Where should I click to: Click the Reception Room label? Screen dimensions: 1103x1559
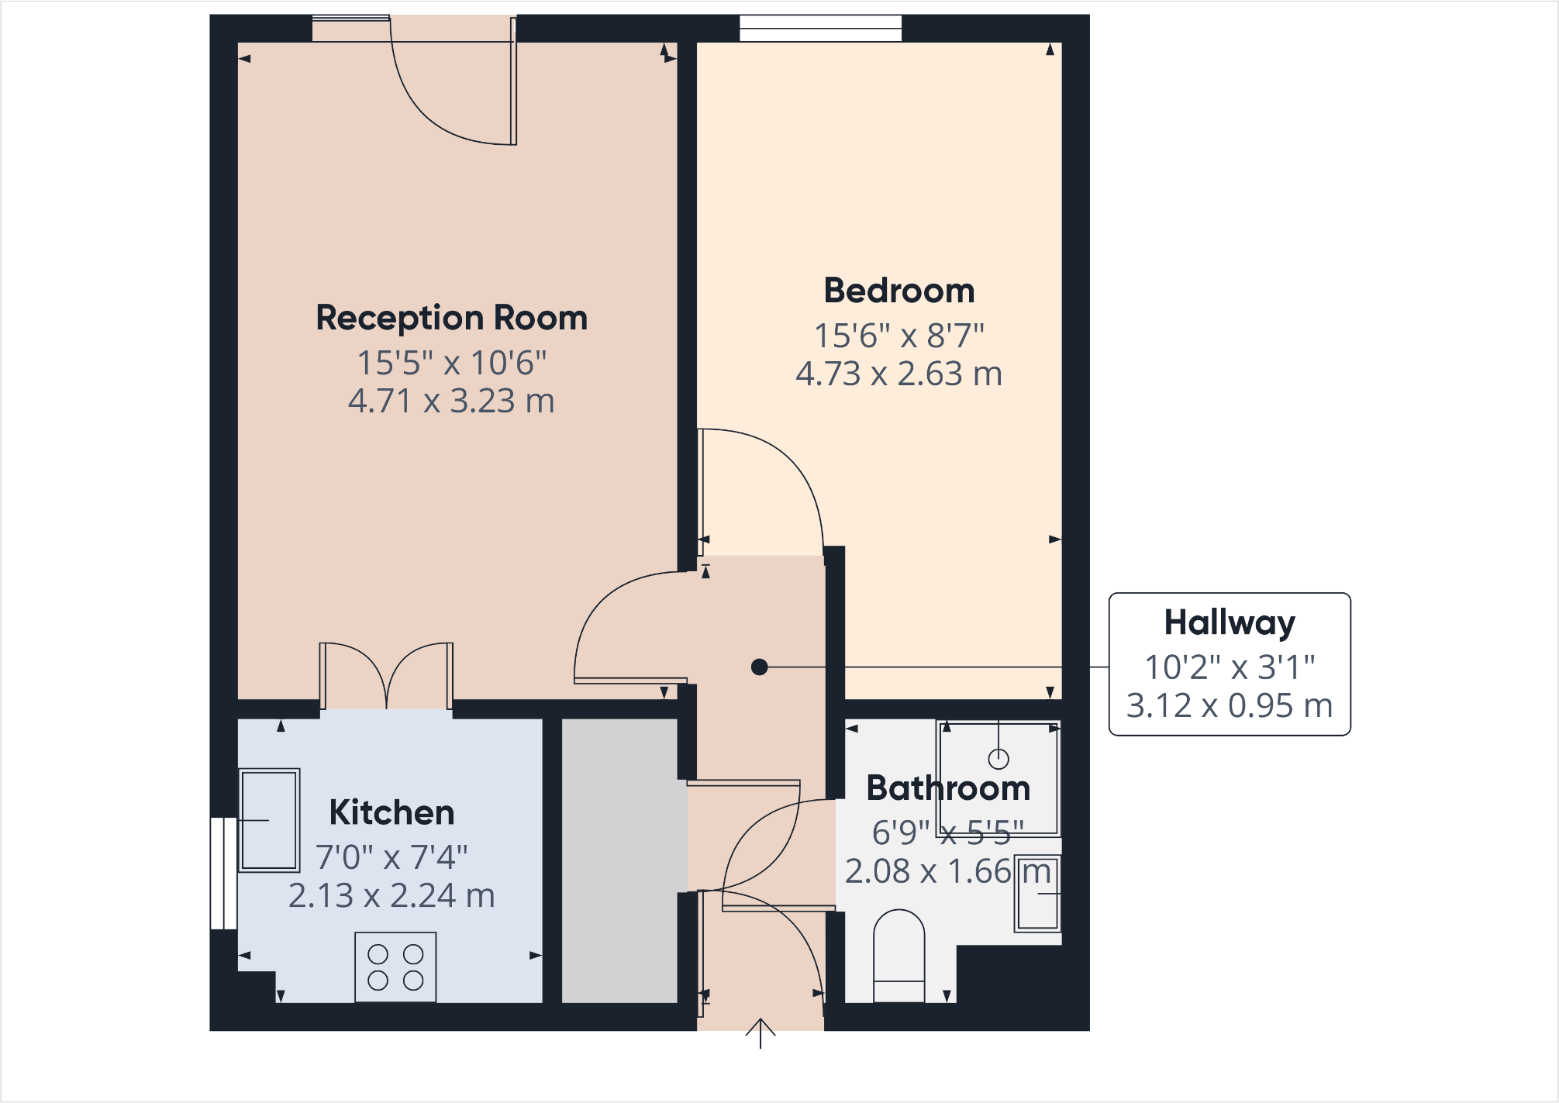(x=451, y=318)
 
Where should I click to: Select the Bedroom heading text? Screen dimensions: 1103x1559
(x=898, y=291)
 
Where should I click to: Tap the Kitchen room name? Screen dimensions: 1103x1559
(x=391, y=812)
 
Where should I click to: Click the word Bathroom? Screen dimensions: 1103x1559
(x=948, y=788)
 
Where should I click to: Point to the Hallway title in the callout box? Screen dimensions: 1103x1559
(x=1230, y=622)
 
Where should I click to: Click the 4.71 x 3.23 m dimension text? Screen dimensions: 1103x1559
(x=451, y=402)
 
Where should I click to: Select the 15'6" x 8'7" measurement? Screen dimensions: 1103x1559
(x=898, y=336)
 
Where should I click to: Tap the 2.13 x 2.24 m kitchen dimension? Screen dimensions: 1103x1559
(x=391, y=896)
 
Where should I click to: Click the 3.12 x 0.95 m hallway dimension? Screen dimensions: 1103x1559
(x=1230, y=706)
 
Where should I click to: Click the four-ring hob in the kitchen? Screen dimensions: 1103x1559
(x=395, y=967)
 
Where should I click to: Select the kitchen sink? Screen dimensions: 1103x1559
(x=268, y=820)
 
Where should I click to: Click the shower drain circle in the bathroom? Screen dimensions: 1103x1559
(x=999, y=758)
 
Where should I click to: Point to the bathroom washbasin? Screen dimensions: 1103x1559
(x=1037, y=893)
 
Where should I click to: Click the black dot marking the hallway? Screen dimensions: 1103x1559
(x=760, y=667)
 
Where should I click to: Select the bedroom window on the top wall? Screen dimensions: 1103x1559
(x=820, y=29)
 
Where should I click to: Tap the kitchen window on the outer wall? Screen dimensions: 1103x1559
(x=223, y=873)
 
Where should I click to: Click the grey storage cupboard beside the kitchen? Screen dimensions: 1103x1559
(x=619, y=860)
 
